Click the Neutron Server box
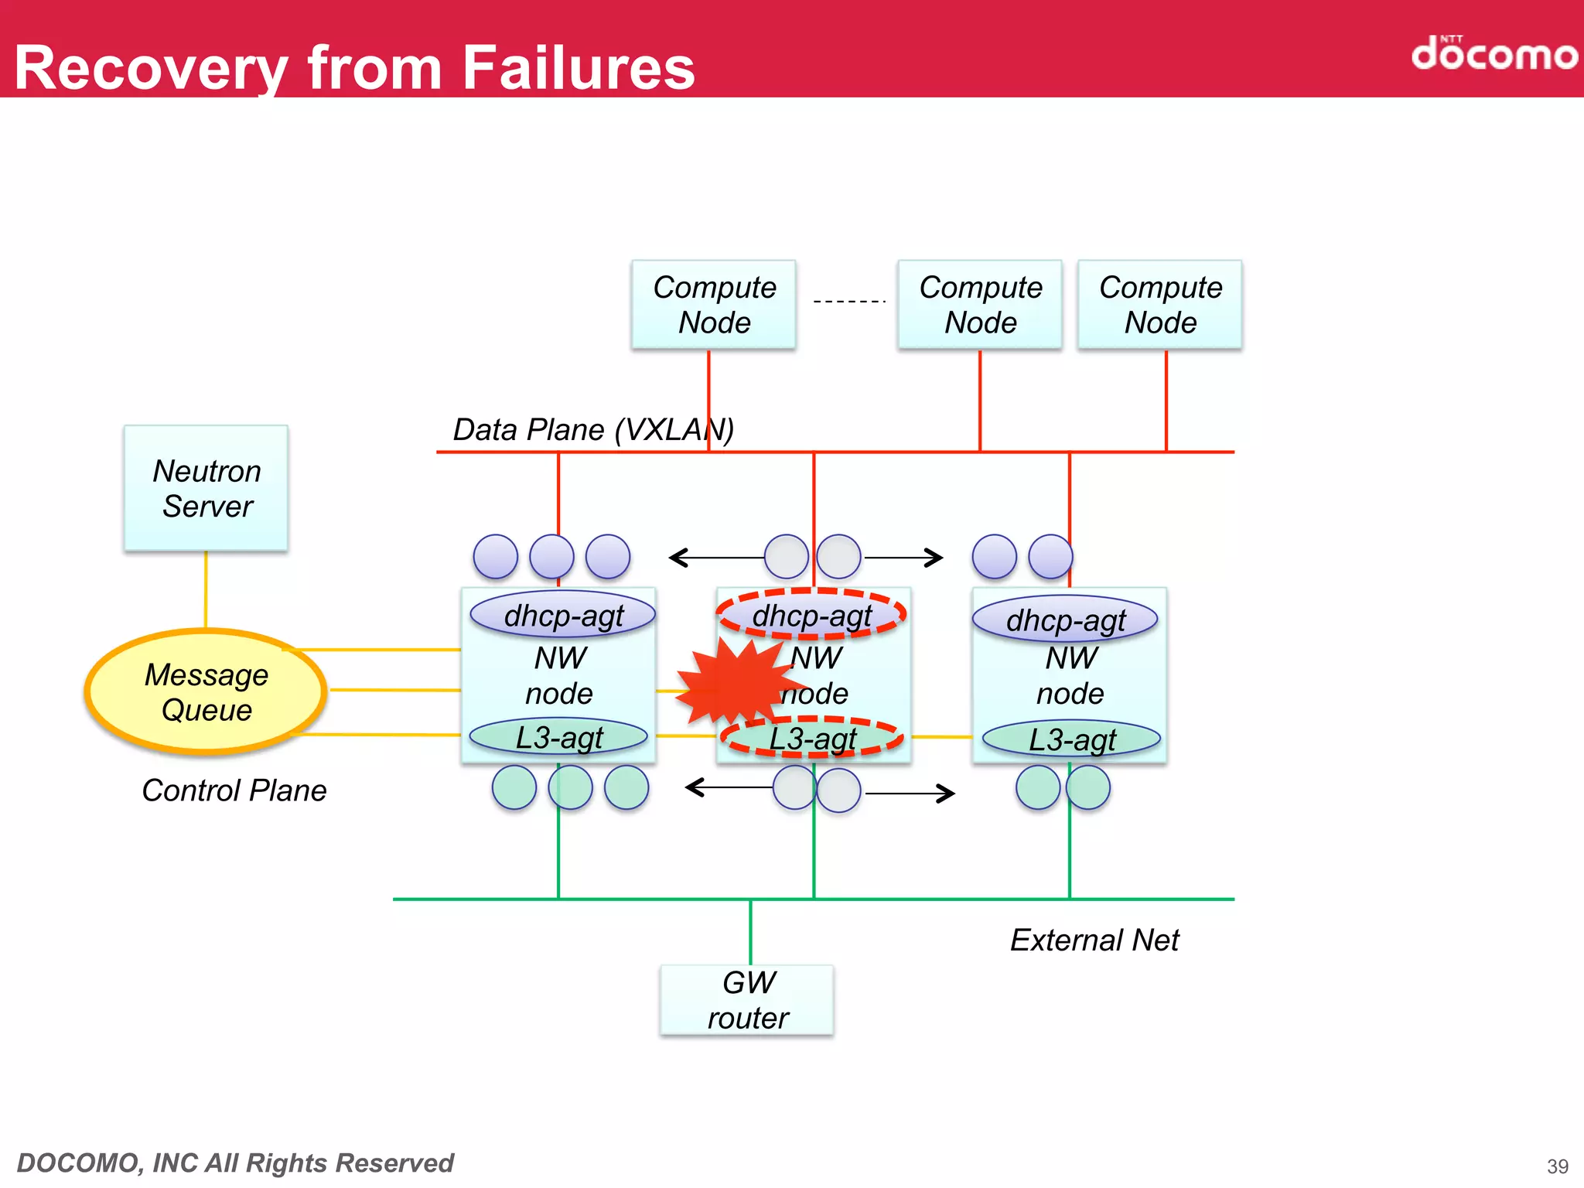point(206,488)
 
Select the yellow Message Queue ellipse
point(206,692)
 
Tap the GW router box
point(747,1000)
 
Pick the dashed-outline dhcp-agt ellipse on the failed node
point(811,615)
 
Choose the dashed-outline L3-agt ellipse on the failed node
point(812,737)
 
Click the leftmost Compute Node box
point(714,305)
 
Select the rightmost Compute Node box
point(1160,305)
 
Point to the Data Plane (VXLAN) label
point(593,429)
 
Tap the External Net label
point(1094,940)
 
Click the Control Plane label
point(234,790)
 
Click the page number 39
point(1557,1166)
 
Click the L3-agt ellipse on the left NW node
point(558,737)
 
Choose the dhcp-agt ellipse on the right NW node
point(1065,620)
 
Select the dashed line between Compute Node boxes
point(848,301)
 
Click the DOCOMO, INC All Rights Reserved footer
point(235,1162)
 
